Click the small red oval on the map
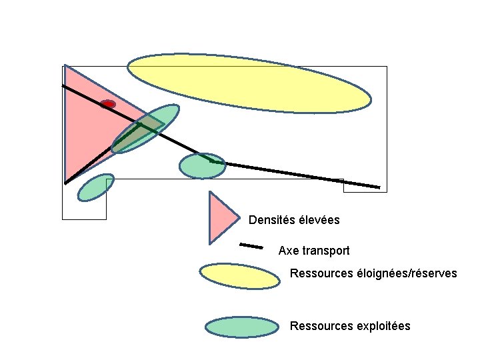point(108,104)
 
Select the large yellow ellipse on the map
point(249,83)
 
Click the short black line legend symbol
point(251,246)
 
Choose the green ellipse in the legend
point(241,327)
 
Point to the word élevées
point(319,219)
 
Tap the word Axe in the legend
point(288,251)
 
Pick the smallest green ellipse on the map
point(95,187)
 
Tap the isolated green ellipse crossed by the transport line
point(203,166)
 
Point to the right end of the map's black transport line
point(379,187)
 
